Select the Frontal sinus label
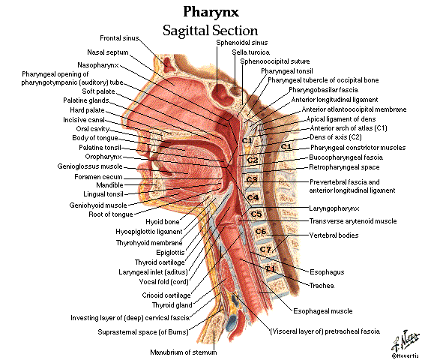point(119,38)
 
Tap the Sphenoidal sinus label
point(242,43)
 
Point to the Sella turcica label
point(251,52)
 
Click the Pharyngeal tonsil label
point(287,71)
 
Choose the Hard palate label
point(87,110)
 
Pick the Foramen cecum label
point(98,177)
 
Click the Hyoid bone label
point(163,222)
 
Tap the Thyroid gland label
point(172,305)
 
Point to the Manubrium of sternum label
point(184,352)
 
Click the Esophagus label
point(327,272)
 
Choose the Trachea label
point(322,286)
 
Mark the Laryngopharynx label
point(334,208)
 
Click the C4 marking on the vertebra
point(253,198)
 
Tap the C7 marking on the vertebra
point(265,249)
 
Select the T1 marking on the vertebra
point(271,268)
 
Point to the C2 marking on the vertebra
point(253,160)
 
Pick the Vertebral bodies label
point(334,235)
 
